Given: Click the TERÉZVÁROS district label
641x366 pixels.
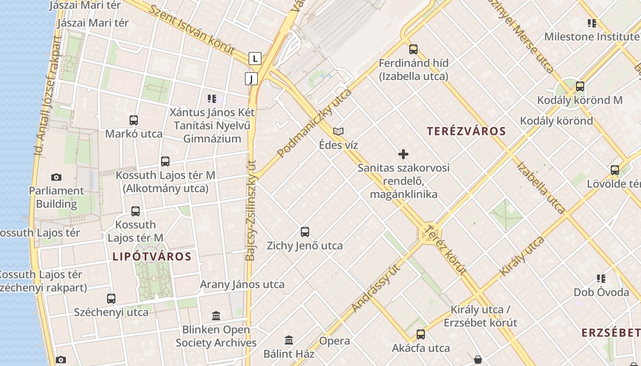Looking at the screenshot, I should coord(466,131).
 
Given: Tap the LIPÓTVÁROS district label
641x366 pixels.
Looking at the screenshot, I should coord(152,256).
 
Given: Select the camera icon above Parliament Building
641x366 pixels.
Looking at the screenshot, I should coord(56,177).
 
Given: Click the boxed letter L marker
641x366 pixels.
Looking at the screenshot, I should coord(255,58).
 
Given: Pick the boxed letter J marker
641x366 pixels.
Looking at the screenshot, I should coord(251,79).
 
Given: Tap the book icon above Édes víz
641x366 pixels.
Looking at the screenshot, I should coord(338,131).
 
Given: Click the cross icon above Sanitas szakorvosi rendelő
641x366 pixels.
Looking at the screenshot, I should coord(403,154).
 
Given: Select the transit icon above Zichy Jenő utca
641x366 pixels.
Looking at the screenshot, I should coord(305,232).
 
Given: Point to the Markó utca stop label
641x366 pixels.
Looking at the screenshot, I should coord(134,134).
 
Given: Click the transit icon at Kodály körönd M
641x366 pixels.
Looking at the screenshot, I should coord(580,86).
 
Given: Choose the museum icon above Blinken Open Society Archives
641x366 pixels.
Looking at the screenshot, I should coord(216,316).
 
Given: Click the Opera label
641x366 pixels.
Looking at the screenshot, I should coord(335,341).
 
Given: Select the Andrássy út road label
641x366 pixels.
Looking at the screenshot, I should coord(376,288).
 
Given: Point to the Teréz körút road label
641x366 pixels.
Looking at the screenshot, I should coord(445,249).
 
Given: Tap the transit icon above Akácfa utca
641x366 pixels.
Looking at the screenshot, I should coord(421,334).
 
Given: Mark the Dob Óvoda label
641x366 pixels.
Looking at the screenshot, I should coord(601,292).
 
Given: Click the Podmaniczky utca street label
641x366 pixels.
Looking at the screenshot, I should coord(315,123).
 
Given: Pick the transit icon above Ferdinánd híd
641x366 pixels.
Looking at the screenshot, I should coord(413,49).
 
